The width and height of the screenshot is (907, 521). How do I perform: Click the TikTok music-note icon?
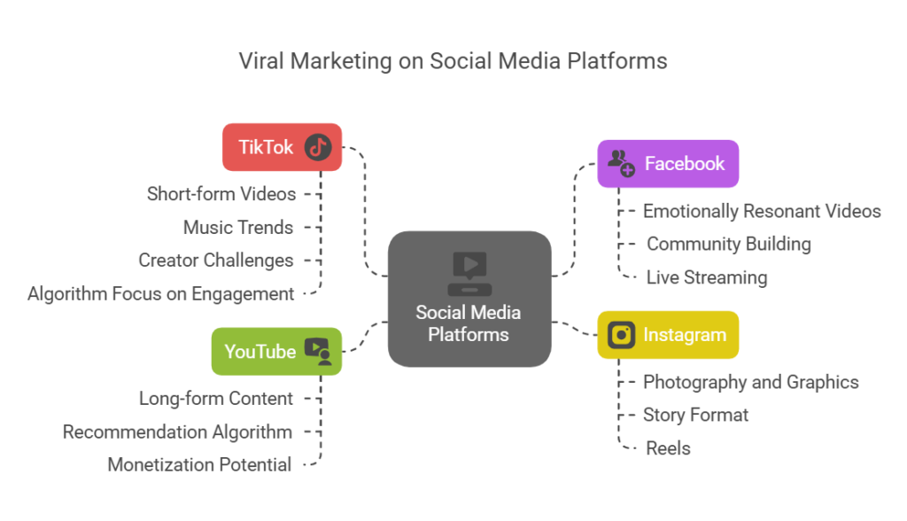[318, 147]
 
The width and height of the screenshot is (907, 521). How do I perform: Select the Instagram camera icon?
[622, 335]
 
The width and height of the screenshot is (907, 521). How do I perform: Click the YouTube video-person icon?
[317, 351]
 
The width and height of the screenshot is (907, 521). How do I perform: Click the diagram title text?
[453, 61]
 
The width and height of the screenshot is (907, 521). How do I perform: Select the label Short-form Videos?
[221, 193]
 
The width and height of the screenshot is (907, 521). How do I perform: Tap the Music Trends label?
[237, 227]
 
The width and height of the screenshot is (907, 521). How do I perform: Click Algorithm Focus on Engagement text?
[160, 293]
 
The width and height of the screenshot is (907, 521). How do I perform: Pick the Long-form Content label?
[215, 399]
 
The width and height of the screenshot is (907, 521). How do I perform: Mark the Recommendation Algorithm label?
[177, 432]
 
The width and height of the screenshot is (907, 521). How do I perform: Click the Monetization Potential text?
[199, 464]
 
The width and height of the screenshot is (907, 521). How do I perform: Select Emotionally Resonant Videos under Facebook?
[762, 211]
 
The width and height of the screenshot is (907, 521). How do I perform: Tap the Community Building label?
[728, 244]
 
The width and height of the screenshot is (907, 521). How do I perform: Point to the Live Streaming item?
[706, 277]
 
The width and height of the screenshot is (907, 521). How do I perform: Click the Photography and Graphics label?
[750, 382]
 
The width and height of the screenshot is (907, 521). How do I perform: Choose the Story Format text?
[695, 415]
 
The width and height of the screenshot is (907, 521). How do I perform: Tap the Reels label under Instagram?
[668, 448]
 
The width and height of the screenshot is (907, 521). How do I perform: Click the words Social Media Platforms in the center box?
[469, 323]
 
